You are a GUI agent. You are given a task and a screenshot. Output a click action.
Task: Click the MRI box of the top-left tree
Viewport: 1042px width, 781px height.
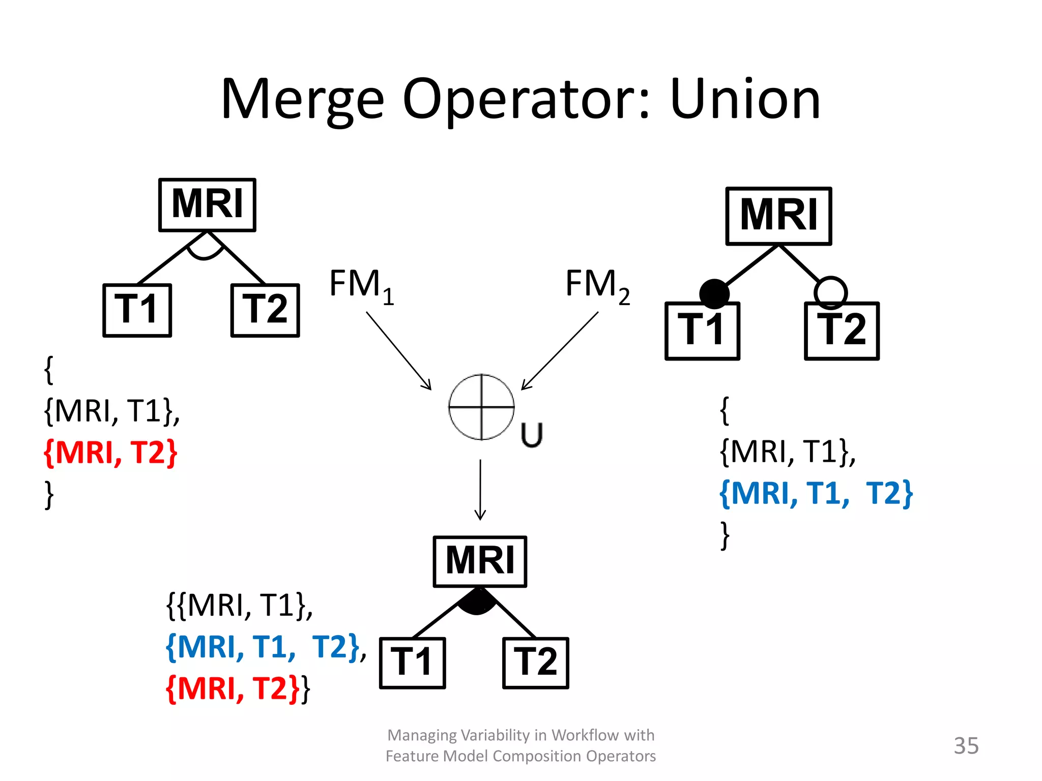coord(207,205)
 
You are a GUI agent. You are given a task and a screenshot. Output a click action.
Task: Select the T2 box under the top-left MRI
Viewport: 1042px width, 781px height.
coord(265,310)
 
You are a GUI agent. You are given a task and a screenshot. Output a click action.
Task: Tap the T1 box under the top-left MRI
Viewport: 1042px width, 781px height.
coord(137,310)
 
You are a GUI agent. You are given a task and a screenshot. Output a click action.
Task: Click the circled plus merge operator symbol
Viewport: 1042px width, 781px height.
coord(481,407)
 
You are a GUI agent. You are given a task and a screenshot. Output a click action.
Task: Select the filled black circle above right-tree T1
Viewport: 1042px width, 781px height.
coord(714,293)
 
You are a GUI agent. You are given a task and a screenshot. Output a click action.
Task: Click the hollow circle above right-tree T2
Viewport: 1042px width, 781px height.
coord(830,292)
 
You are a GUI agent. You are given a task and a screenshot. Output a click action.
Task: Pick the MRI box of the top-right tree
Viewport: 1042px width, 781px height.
coord(778,216)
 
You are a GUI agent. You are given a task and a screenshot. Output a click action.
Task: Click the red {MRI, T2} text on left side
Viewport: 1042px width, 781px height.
coord(110,452)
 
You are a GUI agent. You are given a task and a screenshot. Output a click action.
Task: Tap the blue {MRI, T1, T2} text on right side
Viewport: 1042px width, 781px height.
coord(816,493)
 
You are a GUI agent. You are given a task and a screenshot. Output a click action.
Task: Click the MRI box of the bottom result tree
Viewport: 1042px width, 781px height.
coord(480,561)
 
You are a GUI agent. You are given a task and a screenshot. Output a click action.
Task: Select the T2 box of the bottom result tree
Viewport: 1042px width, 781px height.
coord(535,663)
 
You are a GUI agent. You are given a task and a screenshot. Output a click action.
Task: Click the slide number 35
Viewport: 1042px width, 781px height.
coord(966,745)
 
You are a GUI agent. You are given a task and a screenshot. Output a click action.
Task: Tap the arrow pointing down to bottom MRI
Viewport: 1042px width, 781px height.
coord(480,491)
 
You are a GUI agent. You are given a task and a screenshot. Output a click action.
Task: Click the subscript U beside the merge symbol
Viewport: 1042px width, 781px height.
coord(532,435)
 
